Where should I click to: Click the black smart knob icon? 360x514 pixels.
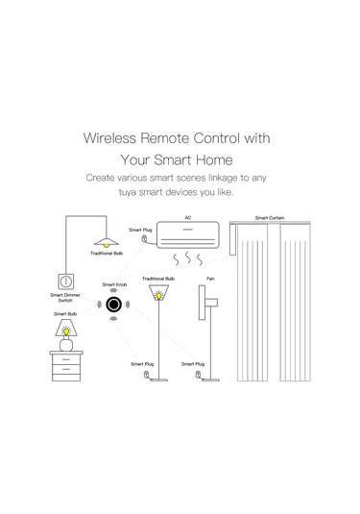(x=114, y=306)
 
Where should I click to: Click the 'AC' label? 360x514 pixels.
(x=188, y=218)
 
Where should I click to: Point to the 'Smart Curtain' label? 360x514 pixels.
(x=268, y=218)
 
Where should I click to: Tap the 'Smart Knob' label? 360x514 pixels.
(x=114, y=285)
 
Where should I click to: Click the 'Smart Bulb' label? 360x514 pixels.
(x=66, y=314)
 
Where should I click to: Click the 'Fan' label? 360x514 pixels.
(x=210, y=279)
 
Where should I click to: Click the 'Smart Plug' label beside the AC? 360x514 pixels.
(x=141, y=231)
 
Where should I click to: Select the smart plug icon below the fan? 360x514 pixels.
(x=198, y=379)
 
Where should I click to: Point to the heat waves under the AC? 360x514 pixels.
(x=189, y=260)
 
